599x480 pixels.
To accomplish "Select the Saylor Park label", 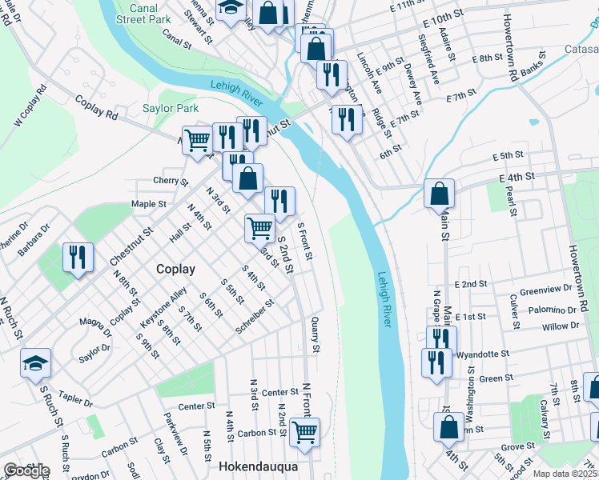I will tap(170, 108).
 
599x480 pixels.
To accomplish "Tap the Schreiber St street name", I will tap(255, 318).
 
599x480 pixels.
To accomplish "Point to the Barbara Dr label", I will tap(35, 238).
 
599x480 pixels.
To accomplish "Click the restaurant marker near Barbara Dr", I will tap(78, 257).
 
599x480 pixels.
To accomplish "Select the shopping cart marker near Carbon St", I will tap(304, 432).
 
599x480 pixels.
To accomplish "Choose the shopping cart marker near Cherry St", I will tap(197, 141).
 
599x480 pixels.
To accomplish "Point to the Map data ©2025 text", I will tap(565, 474).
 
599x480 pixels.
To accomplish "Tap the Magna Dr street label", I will tap(95, 324).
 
